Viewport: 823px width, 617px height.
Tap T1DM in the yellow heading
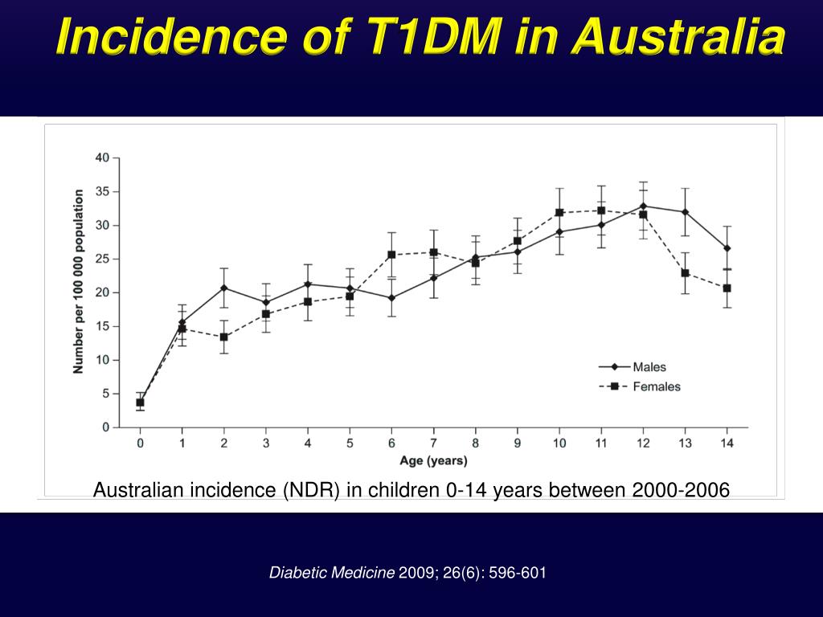(413, 38)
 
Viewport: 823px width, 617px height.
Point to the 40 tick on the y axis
(102, 157)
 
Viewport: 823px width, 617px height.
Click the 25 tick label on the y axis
(102, 259)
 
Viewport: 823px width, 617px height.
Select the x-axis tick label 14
(727, 443)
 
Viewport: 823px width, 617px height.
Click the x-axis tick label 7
(433, 443)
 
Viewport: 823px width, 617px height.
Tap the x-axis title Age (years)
(433, 461)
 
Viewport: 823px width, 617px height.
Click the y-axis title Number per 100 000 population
(79, 281)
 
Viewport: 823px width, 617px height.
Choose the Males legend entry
(649, 367)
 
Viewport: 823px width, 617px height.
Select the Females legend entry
(656, 386)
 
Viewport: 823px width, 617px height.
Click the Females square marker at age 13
(685, 273)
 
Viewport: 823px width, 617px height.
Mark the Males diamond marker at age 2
(223, 288)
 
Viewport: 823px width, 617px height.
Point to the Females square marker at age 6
(391, 255)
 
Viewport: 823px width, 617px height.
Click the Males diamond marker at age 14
(727, 248)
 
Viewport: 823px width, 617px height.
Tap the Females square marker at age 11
(601, 210)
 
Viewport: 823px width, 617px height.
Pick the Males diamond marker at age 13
(685, 212)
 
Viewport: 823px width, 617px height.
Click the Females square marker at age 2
(223, 337)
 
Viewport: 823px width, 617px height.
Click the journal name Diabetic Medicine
(332, 573)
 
